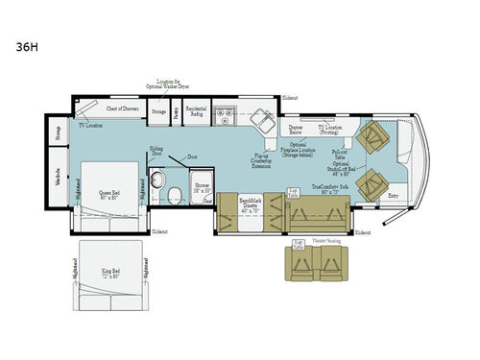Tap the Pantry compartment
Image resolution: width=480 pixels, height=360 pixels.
[x=176, y=113]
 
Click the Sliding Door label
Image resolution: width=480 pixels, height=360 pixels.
[x=156, y=152]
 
